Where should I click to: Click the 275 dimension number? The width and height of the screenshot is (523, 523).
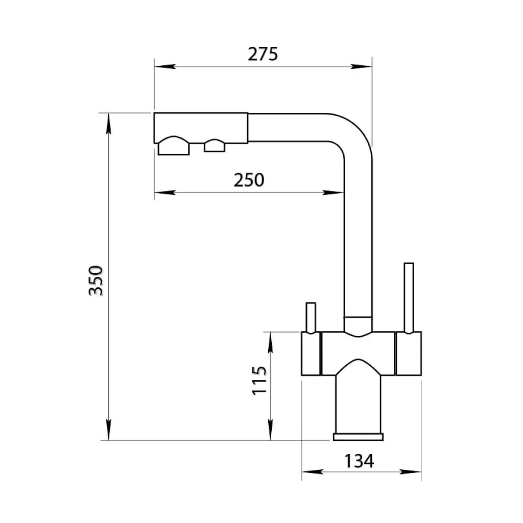[x=263, y=54]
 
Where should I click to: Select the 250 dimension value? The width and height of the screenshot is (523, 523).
[x=249, y=180]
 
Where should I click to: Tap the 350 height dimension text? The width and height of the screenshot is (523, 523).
[x=96, y=281]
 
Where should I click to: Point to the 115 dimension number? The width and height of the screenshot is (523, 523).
[x=259, y=381]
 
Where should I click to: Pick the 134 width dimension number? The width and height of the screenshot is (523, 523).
[x=359, y=462]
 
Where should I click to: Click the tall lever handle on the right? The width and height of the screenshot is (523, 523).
[x=409, y=298]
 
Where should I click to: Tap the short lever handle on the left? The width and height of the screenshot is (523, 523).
[x=311, y=318]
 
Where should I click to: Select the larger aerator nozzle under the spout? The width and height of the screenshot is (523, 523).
[x=174, y=146]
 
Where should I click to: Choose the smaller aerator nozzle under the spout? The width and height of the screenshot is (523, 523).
[x=215, y=146]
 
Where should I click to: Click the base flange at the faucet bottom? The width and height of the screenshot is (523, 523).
[x=358, y=437]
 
